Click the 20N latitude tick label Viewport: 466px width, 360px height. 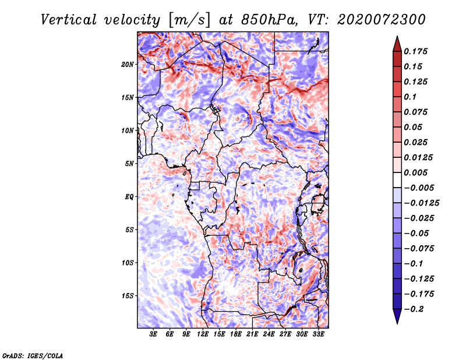click(128, 65)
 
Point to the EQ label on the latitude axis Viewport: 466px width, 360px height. click(129, 197)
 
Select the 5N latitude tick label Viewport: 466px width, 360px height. click(129, 164)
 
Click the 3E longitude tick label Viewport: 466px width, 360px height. click(153, 334)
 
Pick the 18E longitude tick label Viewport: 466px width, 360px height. click(236, 334)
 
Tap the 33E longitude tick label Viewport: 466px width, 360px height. click(318, 334)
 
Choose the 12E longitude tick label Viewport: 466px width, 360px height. click(203, 334)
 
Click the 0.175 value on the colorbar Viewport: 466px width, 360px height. click(415, 51)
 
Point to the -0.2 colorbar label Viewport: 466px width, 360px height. click(414, 309)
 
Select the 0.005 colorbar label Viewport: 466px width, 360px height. click(415, 172)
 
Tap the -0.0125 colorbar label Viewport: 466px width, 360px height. click(421, 203)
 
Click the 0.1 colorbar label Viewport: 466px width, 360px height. click(410, 97)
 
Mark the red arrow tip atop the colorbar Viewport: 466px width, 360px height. click(397, 36)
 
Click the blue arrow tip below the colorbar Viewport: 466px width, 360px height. click(397, 324)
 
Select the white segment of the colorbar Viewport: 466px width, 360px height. click(397, 180)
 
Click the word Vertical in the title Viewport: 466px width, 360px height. click(69, 20)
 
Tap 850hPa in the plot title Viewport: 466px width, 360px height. click(269, 20)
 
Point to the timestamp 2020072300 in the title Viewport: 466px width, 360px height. click(382, 20)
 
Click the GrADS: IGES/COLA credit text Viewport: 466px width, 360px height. click(33, 355)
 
